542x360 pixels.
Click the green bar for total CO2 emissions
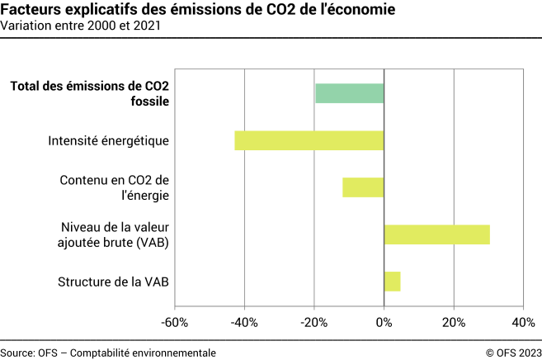(350, 93)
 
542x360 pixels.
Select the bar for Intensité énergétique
(309, 140)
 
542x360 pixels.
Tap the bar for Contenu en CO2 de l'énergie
(363, 187)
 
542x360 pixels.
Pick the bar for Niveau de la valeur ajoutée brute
(436, 234)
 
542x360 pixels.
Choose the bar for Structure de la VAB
(392, 282)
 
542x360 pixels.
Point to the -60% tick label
(175, 321)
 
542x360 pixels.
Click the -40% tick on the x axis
(245, 321)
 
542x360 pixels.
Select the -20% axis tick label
(314, 321)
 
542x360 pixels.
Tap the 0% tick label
(384, 321)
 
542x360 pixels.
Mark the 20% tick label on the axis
(453, 321)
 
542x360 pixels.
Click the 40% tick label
(523, 321)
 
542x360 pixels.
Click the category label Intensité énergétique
(109, 140)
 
